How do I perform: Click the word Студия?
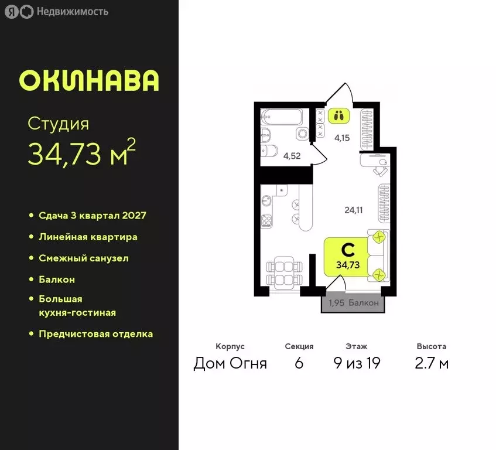click(59, 124)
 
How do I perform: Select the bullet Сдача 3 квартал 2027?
click(92, 215)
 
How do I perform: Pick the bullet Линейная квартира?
click(88, 237)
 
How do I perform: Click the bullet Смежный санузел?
click(83, 258)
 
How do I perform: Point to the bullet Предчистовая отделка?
click(95, 334)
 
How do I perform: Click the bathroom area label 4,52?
click(292, 156)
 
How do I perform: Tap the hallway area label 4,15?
click(343, 138)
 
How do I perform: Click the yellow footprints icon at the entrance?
click(338, 115)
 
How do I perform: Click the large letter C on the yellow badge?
click(347, 250)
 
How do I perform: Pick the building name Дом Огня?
click(230, 363)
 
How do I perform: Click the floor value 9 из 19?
click(356, 363)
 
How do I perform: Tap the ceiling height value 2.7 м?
click(432, 363)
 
